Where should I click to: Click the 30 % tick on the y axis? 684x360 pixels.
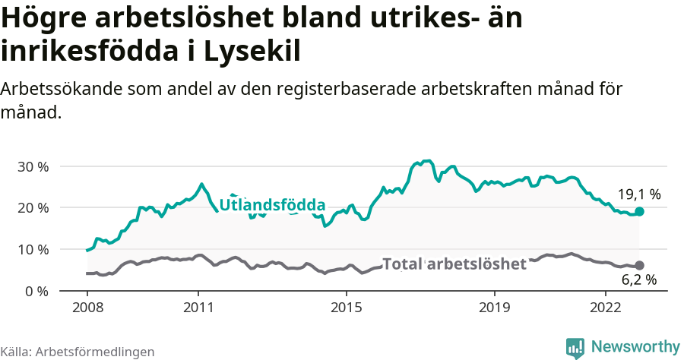pos(33,166)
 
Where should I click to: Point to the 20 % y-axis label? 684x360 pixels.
pos(33,208)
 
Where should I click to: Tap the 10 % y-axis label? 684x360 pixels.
pos(33,250)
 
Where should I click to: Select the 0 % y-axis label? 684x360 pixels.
pos(36,291)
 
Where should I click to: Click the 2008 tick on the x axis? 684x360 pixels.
pos(87,308)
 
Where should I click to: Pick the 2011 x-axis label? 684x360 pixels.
pos(198,308)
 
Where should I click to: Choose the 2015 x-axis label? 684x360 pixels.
pos(347,308)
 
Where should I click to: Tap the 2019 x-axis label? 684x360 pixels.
pos(495,308)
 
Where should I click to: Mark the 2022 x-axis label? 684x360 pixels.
pos(606,308)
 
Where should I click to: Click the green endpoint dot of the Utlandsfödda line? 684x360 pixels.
pos(639,211)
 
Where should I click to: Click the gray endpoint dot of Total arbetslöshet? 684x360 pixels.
pos(639,265)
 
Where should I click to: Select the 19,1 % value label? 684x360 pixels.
pos(638,194)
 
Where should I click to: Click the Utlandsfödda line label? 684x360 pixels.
pos(272,205)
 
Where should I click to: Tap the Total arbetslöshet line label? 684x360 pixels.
pos(454,264)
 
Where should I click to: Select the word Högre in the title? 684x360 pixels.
pos(45,17)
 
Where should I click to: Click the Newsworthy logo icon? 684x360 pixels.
pos(575,347)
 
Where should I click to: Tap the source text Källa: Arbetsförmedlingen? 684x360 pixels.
pos(78,352)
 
